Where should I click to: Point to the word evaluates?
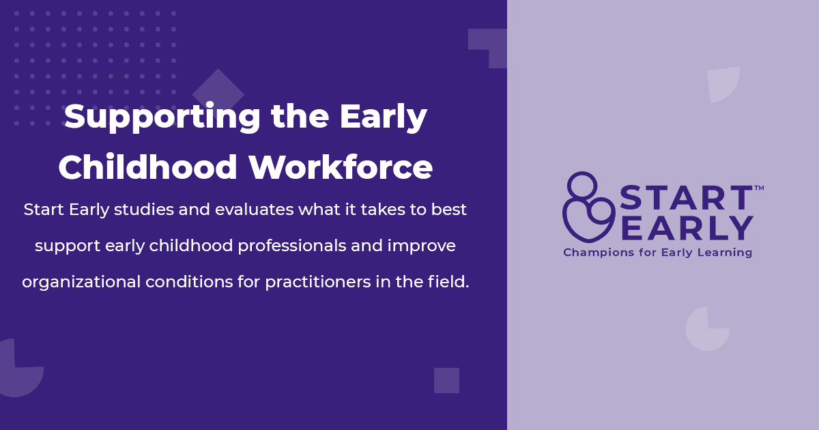[x=254, y=210]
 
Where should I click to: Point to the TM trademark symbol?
[x=758, y=187]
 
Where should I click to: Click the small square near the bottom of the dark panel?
[x=446, y=380]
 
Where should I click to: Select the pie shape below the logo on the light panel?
[x=707, y=329]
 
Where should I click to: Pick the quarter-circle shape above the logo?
[x=723, y=84]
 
